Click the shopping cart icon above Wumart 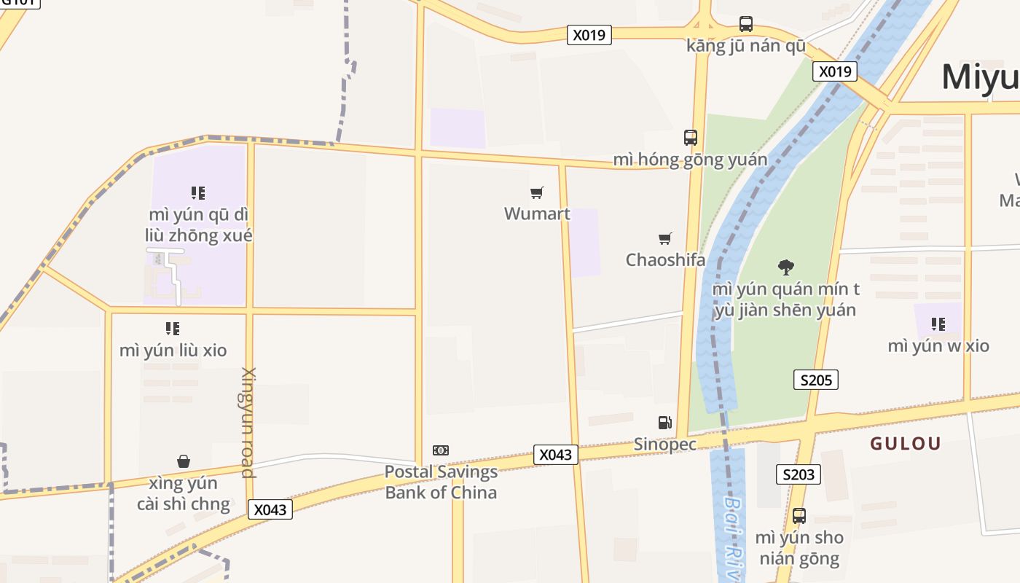point(537,193)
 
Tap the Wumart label point(537,214)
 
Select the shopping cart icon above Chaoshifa point(664,238)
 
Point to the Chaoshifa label point(665,259)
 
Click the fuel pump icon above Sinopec point(664,423)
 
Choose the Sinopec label point(664,444)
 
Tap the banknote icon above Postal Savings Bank point(441,450)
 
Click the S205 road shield point(816,380)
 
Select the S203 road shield point(798,474)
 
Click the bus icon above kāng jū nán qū point(746,24)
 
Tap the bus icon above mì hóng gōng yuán point(690,137)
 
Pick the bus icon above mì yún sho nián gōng point(799,516)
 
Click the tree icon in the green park point(785,267)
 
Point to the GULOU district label point(906,443)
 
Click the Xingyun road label point(249,423)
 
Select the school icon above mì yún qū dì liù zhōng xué point(198,193)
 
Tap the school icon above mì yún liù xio point(173,329)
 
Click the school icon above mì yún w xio point(938,324)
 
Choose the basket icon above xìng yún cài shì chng point(184,461)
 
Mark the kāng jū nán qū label point(746,46)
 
